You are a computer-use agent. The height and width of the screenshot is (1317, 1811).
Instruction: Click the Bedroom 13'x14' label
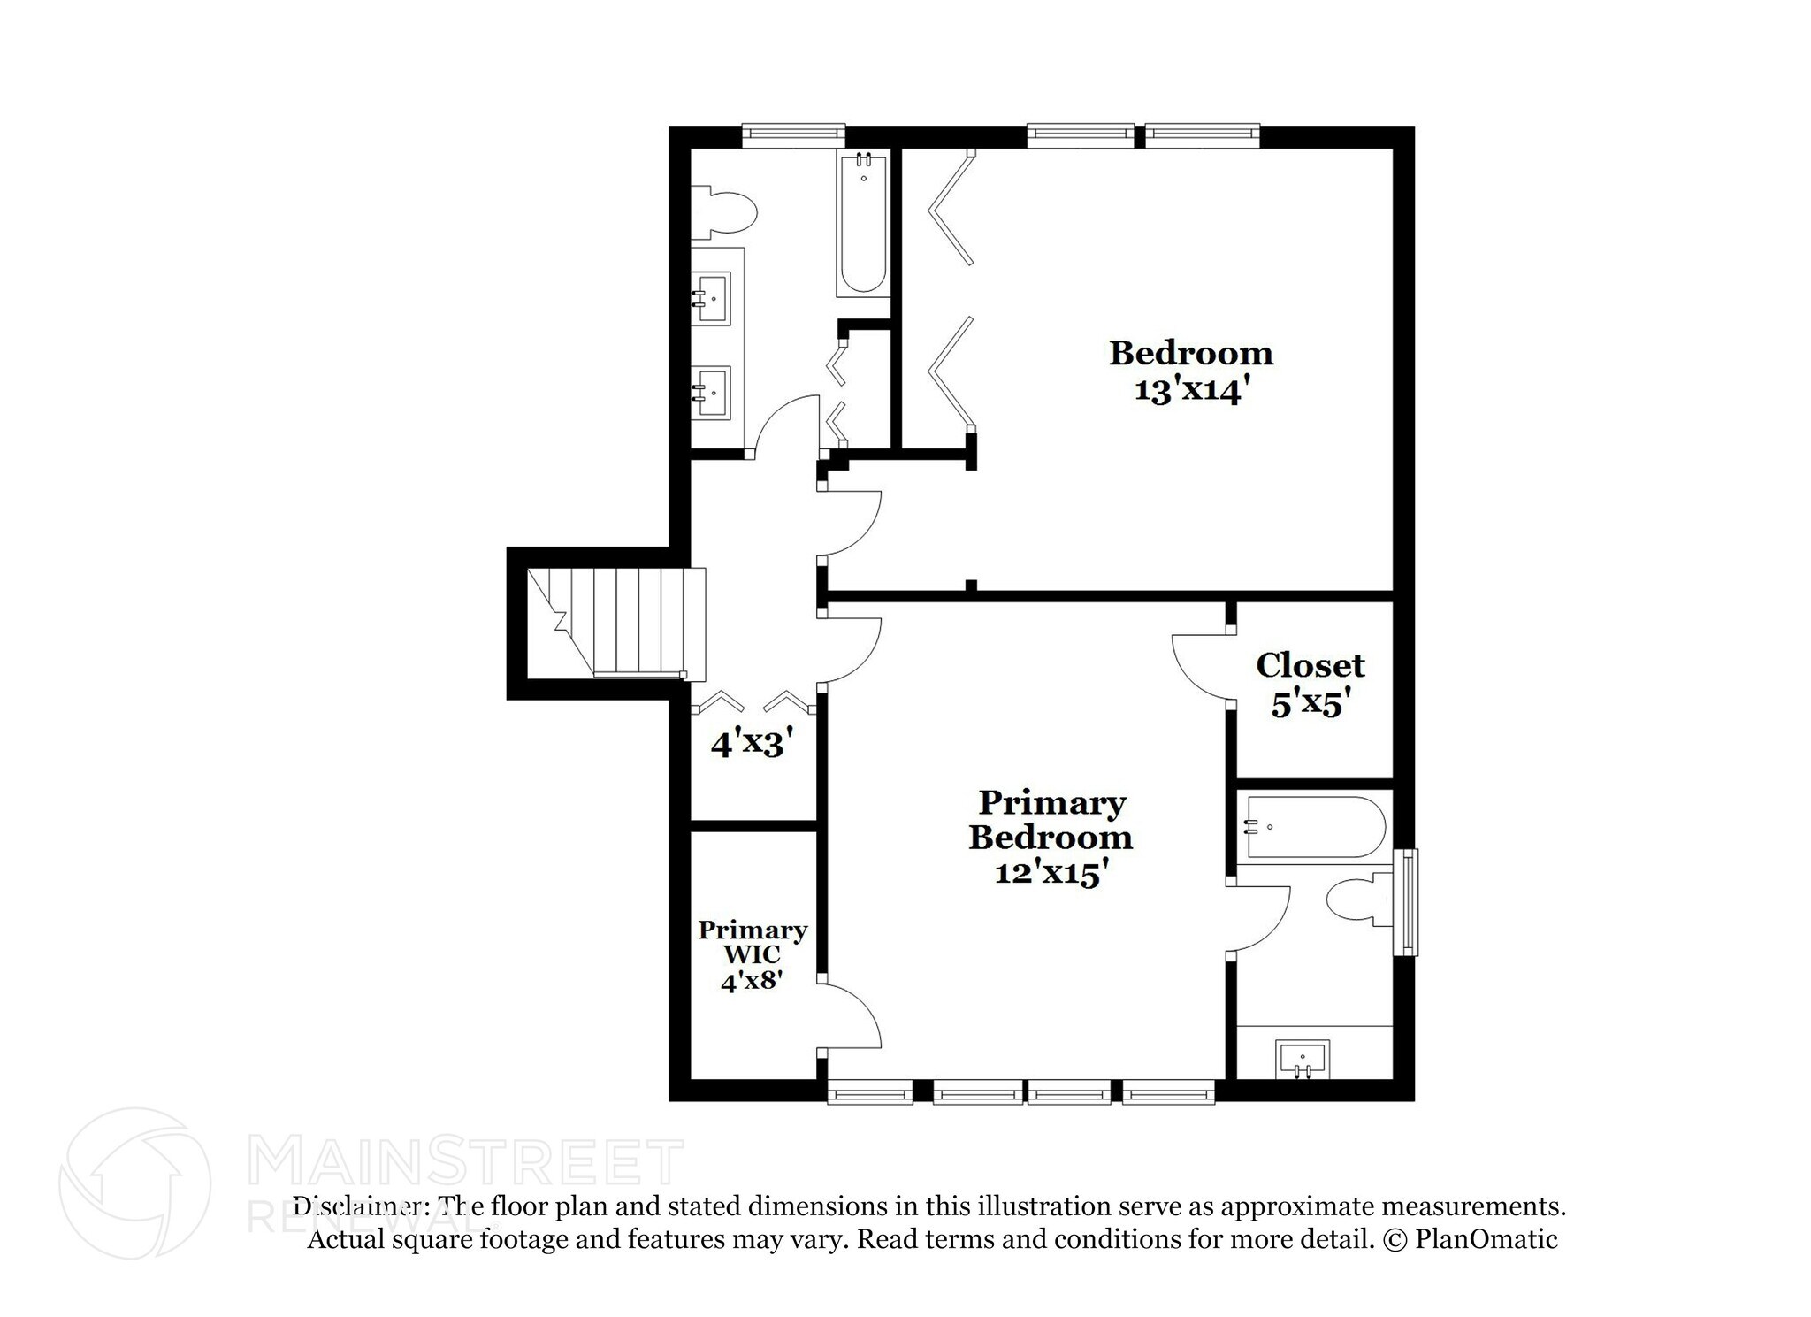coord(1190,371)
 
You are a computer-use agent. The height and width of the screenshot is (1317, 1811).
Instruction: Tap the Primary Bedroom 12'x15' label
coord(1051,838)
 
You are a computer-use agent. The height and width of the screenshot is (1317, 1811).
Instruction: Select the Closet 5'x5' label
coord(1310,684)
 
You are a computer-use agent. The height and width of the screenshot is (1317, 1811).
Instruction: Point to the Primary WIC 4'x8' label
coord(753,954)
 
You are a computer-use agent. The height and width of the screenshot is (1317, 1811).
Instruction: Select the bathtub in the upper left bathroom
coord(862,223)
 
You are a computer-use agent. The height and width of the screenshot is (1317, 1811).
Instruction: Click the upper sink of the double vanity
coord(711,298)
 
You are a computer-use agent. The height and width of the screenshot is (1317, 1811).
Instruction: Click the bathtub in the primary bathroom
coord(1313,828)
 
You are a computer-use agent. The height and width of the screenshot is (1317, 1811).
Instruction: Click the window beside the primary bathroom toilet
coord(1405,902)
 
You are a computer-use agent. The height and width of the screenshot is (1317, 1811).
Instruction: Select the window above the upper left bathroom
coord(793,134)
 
